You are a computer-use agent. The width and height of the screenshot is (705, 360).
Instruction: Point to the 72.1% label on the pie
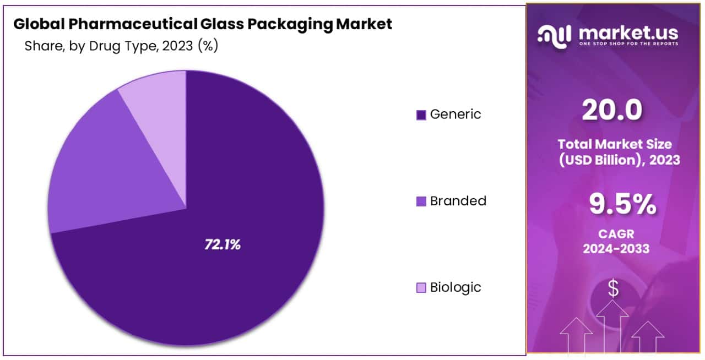tap(223, 245)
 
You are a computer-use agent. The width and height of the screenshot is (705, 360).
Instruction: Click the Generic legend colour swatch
tap(421, 114)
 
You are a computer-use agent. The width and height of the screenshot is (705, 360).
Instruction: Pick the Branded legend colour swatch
tap(421, 201)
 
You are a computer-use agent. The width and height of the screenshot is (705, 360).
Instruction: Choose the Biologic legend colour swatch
tap(421, 287)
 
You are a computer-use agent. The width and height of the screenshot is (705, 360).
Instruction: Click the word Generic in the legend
tap(455, 114)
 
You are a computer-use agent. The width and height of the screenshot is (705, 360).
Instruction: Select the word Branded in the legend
tap(458, 201)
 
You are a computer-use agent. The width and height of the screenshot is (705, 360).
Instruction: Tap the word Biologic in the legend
tap(455, 287)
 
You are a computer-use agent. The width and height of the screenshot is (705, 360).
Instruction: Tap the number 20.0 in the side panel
tap(612, 111)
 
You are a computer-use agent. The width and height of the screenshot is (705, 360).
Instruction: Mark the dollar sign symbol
tap(612, 288)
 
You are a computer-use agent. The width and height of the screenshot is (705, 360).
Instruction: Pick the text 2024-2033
tap(616, 249)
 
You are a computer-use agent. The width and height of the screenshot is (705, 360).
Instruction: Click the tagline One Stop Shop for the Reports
tap(628, 43)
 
